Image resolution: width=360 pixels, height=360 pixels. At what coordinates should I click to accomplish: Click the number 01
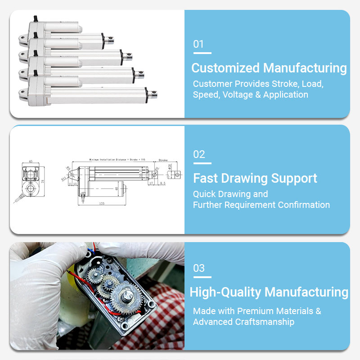[198, 44]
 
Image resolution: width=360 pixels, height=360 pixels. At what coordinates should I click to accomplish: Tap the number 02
[199, 154]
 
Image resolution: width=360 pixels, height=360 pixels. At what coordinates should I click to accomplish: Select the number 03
[199, 268]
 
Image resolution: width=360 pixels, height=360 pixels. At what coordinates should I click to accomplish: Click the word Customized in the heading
[225, 68]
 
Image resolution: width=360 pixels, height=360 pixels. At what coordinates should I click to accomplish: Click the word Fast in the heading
[205, 178]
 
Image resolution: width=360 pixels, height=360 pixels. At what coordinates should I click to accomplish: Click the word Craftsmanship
[265, 322]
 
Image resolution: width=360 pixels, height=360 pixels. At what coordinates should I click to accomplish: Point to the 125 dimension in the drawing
[102, 203]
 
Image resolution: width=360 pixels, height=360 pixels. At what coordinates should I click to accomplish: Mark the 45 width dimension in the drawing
[31, 161]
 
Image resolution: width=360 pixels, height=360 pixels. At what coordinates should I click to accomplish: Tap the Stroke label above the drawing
[163, 160]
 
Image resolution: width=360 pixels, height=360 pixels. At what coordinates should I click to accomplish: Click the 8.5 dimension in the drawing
[162, 184]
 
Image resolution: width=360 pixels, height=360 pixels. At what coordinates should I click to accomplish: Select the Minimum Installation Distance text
[108, 160]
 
